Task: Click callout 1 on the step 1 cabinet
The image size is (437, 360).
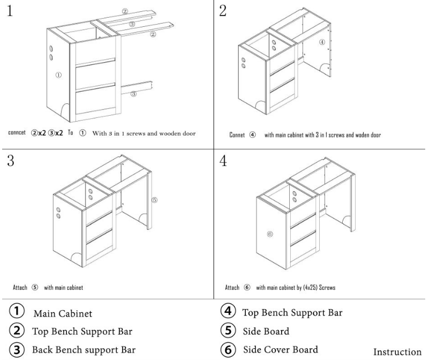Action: coord(58,75)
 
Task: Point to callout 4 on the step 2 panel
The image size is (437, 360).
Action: coord(321,42)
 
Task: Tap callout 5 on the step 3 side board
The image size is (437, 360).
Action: coord(154,200)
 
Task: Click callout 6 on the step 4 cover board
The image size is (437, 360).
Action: coord(269,234)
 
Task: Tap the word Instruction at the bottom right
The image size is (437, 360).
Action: coord(397,352)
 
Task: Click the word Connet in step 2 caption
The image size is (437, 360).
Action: coord(237,136)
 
